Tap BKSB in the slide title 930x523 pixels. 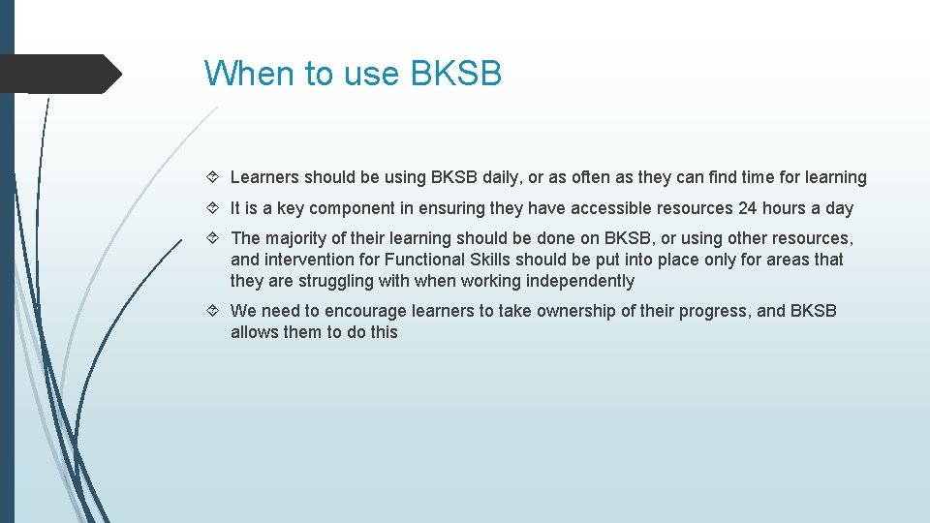pyautogui.click(x=456, y=74)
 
